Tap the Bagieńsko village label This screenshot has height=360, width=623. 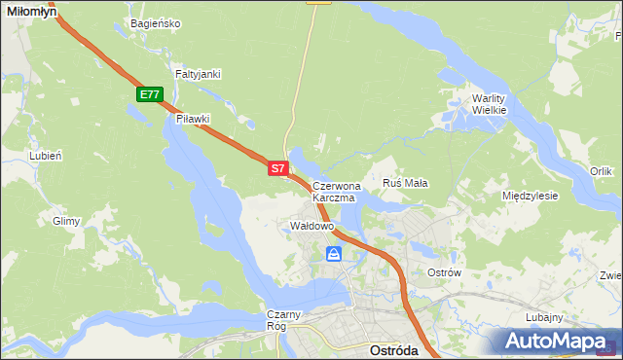[155, 23]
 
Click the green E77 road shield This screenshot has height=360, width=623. [149, 94]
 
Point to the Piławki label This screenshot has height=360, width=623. [193, 119]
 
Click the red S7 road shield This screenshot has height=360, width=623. [277, 168]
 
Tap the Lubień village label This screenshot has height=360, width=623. [46, 155]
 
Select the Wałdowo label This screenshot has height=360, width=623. [312, 226]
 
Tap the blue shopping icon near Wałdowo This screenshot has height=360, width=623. [334, 254]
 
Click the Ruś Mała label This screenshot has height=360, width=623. [406, 182]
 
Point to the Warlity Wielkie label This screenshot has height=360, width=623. [490, 104]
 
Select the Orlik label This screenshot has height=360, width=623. [601, 171]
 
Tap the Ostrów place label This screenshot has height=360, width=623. [444, 272]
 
